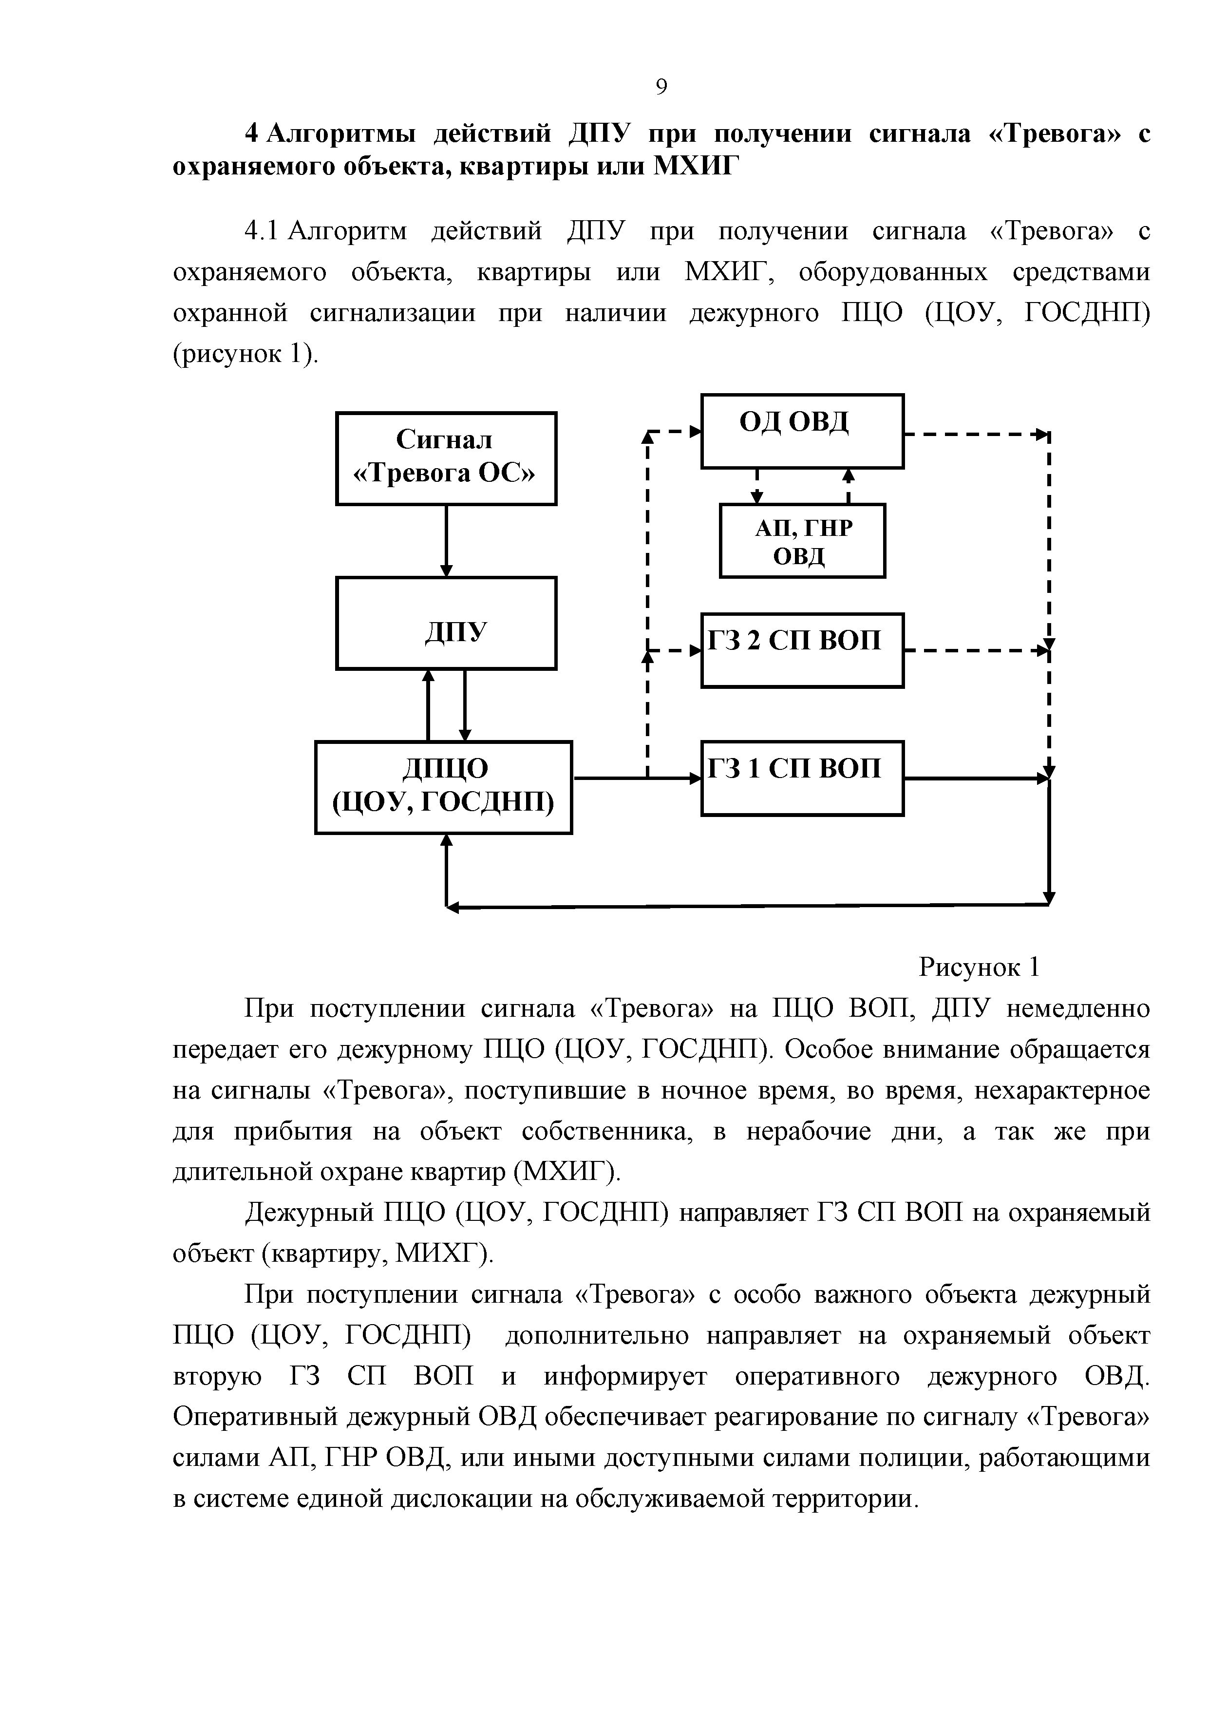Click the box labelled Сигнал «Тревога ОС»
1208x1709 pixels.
tap(445, 458)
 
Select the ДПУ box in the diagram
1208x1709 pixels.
tap(445, 622)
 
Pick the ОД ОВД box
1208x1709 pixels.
tap(802, 430)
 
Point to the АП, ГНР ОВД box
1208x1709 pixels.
tap(802, 540)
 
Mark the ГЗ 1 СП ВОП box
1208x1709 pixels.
tap(802, 778)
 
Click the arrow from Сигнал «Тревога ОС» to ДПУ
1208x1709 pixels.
tap(446, 540)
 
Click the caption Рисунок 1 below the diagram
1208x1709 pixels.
tap(978, 967)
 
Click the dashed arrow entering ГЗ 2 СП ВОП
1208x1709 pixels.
tap(674, 650)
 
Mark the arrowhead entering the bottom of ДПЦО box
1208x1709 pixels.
tap(446, 840)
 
